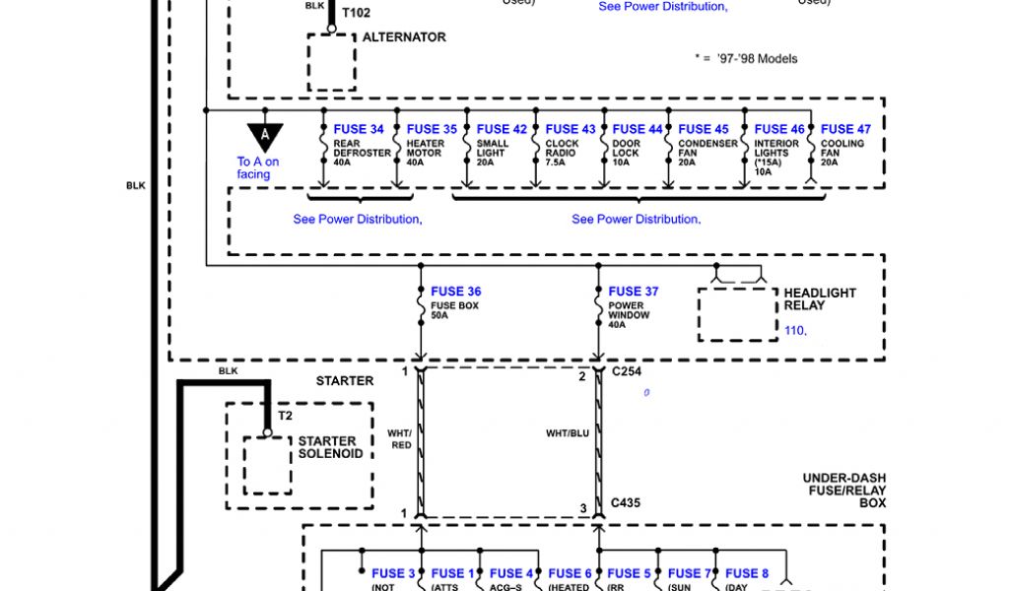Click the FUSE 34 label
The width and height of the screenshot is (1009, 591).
[x=359, y=129]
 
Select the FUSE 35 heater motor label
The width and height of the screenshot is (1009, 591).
[x=432, y=129]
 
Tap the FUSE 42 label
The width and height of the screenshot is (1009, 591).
[x=502, y=129]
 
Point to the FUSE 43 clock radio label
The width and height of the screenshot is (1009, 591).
[x=571, y=129]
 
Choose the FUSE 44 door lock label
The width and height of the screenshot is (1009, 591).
[x=638, y=129]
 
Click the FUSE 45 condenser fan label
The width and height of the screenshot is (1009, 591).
[x=704, y=129]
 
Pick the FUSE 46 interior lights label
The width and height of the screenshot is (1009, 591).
[x=779, y=129]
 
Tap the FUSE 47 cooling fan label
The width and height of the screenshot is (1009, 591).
[x=845, y=129]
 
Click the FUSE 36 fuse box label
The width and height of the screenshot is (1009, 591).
[x=456, y=292]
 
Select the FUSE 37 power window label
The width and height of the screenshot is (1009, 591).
[x=634, y=292]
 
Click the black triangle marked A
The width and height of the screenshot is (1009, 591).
[x=264, y=136]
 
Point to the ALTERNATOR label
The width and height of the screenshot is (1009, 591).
[x=404, y=37]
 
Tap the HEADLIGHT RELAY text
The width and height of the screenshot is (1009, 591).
[x=820, y=299]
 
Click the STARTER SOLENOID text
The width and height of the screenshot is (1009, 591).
[x=331, y=448]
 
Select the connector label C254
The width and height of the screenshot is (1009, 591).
[x=627, y=373]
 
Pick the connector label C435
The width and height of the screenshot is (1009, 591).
[x=626, y=502]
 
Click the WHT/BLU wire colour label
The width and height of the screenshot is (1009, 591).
[x=568, y=433]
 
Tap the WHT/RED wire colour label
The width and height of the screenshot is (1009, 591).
[x=399, y=439]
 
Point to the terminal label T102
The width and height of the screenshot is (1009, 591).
[x=357, y=13]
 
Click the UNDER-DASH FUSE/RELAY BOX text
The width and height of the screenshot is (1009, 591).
[x=843, y=491]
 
